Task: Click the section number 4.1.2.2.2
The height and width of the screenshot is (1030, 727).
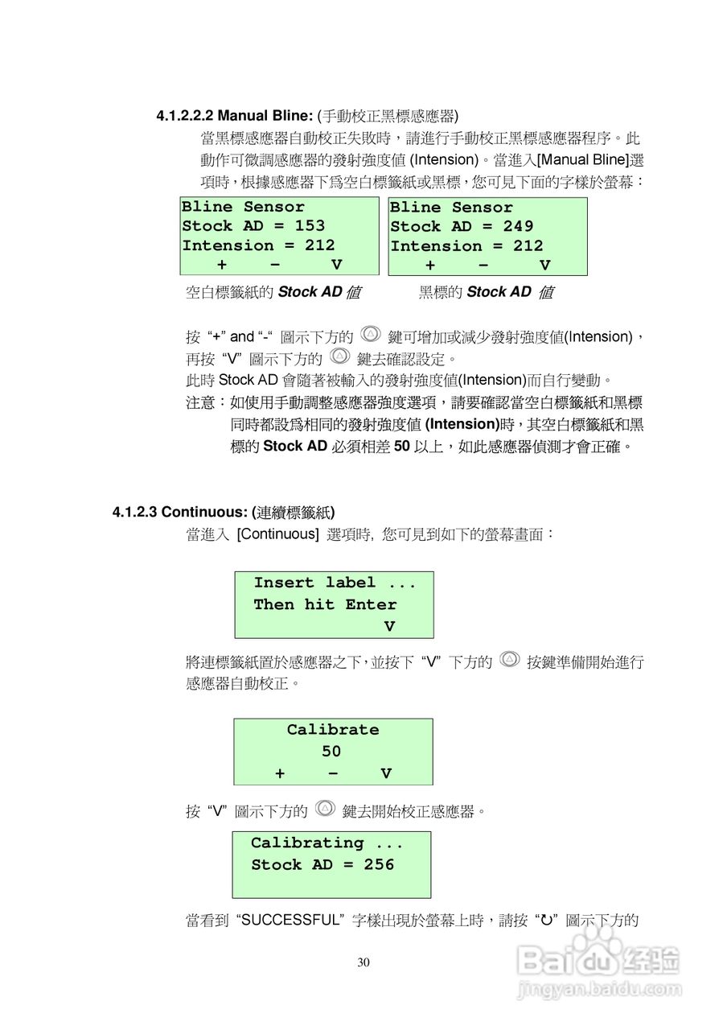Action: point(184,115)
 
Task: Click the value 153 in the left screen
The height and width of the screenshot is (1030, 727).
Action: point(310,226)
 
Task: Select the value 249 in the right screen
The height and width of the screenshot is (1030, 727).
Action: point(518,227)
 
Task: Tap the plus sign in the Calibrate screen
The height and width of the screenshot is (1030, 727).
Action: point(280,773)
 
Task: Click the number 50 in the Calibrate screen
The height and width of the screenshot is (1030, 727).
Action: point(331,752)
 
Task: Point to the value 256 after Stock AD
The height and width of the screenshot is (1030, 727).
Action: point(379,865)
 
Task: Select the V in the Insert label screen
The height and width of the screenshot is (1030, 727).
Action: point(389,626)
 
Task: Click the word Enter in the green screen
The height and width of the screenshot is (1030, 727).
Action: point(371,604)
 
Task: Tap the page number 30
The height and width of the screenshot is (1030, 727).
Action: point(363,962)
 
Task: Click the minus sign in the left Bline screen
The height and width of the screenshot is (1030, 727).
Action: point(275,265)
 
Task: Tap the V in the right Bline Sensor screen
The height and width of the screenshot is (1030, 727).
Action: point(544,266)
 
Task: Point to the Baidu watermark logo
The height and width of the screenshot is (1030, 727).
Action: point(599,958)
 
